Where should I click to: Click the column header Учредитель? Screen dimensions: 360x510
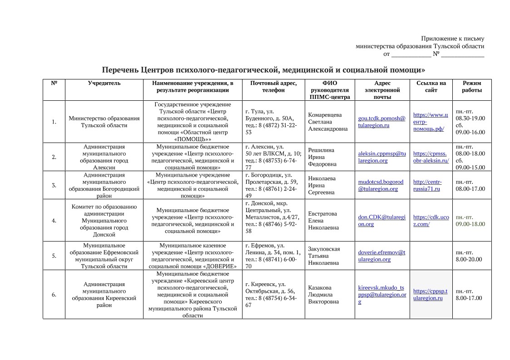[x=104, y=83]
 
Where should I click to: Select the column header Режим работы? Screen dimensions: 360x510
[x=472, y=87]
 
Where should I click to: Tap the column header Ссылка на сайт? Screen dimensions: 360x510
[x=431, y=87]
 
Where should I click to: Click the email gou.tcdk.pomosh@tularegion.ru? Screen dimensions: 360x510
[x=381, y=122]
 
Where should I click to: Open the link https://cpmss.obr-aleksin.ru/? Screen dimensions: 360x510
[x=431, y=157]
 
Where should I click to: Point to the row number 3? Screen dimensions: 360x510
[x=54, y=185]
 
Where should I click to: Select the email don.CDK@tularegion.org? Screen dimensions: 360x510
[x=381, y=221]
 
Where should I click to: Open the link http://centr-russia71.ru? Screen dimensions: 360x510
[x=427, y=185]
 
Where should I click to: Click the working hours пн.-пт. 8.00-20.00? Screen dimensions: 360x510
[x=468, y=256]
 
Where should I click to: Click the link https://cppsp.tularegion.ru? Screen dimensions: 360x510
[x=430, y=295]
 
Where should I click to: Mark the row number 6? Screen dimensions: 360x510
[x=54, y=295]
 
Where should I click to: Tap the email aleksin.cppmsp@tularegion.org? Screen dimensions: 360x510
[x=381, y=157]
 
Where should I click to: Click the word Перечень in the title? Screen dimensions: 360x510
[x=119, y=70]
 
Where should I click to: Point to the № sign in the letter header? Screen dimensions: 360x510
[x=436, y=54]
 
